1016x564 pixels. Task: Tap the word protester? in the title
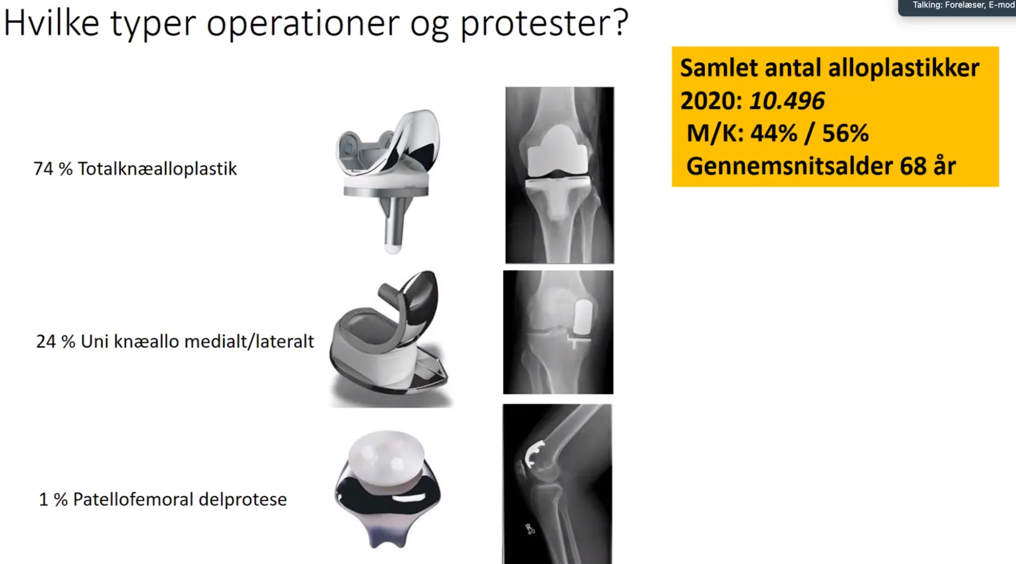point(545,23)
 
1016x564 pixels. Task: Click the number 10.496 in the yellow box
point(787,101)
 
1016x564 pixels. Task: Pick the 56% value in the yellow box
point(845,133)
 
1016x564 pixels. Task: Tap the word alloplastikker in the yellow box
point(904,68)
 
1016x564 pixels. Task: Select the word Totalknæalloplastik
point(157,169)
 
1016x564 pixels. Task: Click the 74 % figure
point(53,169)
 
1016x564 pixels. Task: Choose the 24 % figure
point(55,342)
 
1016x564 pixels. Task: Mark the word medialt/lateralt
point(249,342)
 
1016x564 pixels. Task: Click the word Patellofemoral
point(133,499)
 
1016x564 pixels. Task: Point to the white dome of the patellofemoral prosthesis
point(387,459)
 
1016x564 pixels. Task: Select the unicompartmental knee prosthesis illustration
point(390,338)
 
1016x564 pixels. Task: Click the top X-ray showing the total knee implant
point(559,175)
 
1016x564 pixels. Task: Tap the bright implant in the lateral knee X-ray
point(534,453)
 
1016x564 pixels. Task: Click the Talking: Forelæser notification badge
point(957,7)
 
